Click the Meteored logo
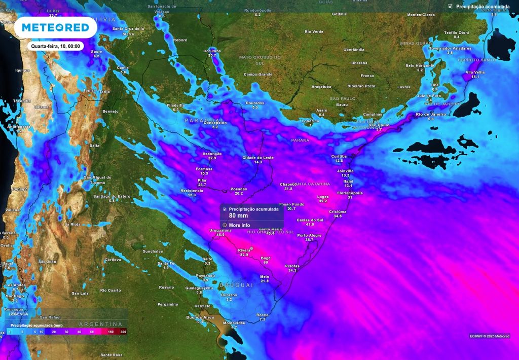pyautogui.click(x=55, y=27)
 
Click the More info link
pyautogui.click(x=239, y=225)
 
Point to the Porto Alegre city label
pyautogui.click(x=309, y=235)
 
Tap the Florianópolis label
pyautogui.click(x=350, y=193)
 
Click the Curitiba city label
pyautogui.click(x=339, y=156)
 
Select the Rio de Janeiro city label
pyautogui.click(x=431, y=114)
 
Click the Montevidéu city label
pyautogui.click(x=234, y=323)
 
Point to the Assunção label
pyautogui.click(x=212, y=154)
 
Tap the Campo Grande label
pyautogui.click(x=258, y=74)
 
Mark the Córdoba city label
pyautogui.click(x=113, y=260)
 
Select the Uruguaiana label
pyautogui.click(x=220, y=230)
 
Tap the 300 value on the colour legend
pyautogui.click(x=123, y=331)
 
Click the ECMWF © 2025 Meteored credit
pyautogui.click(x=490, y=336)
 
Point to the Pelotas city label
pyautogui.click(x=292, y=266)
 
